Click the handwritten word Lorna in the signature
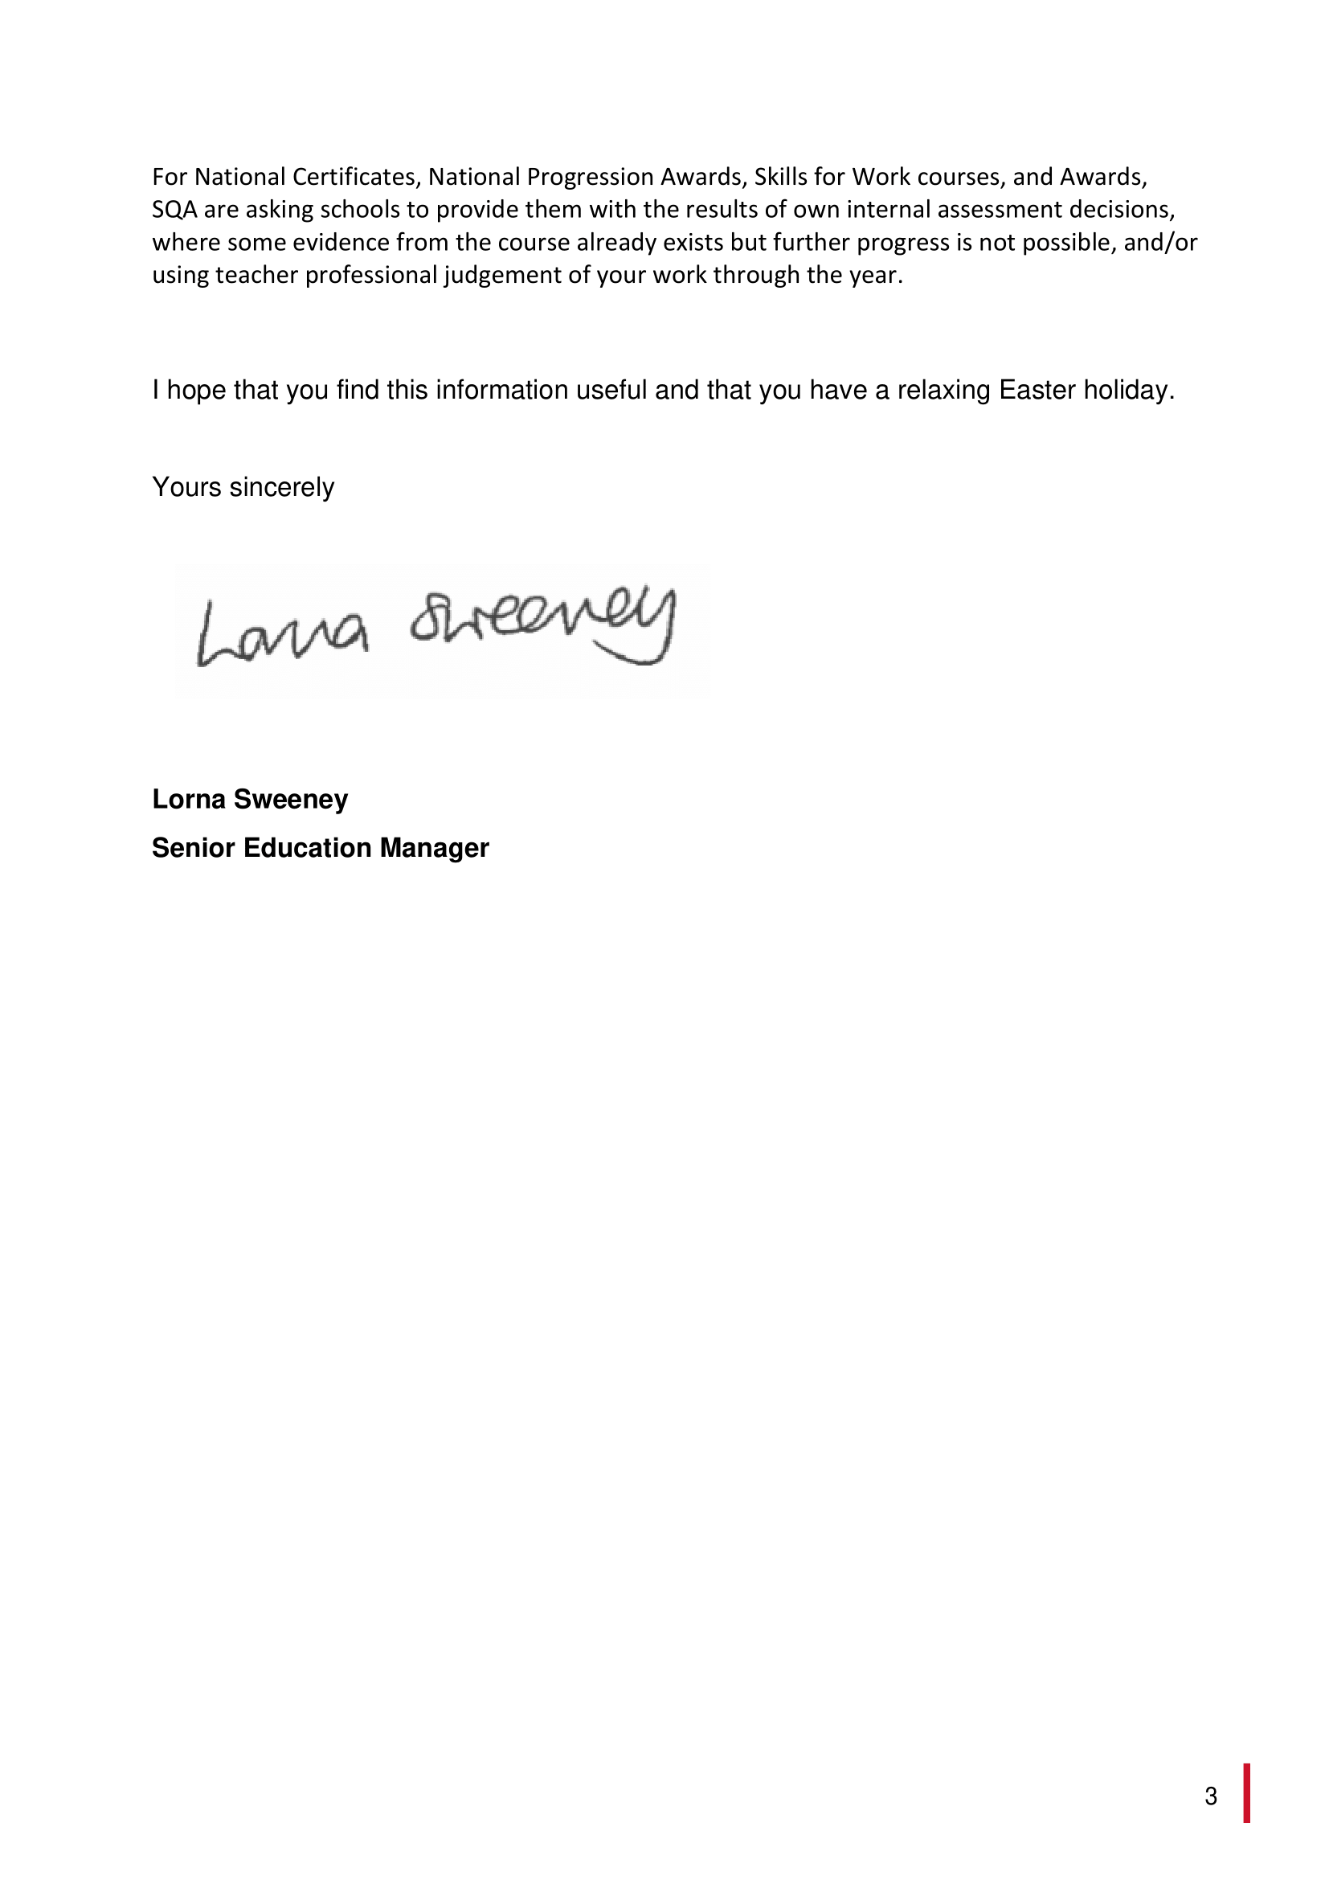point(281,636)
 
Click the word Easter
point(1037,390)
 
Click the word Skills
point(781,177)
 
